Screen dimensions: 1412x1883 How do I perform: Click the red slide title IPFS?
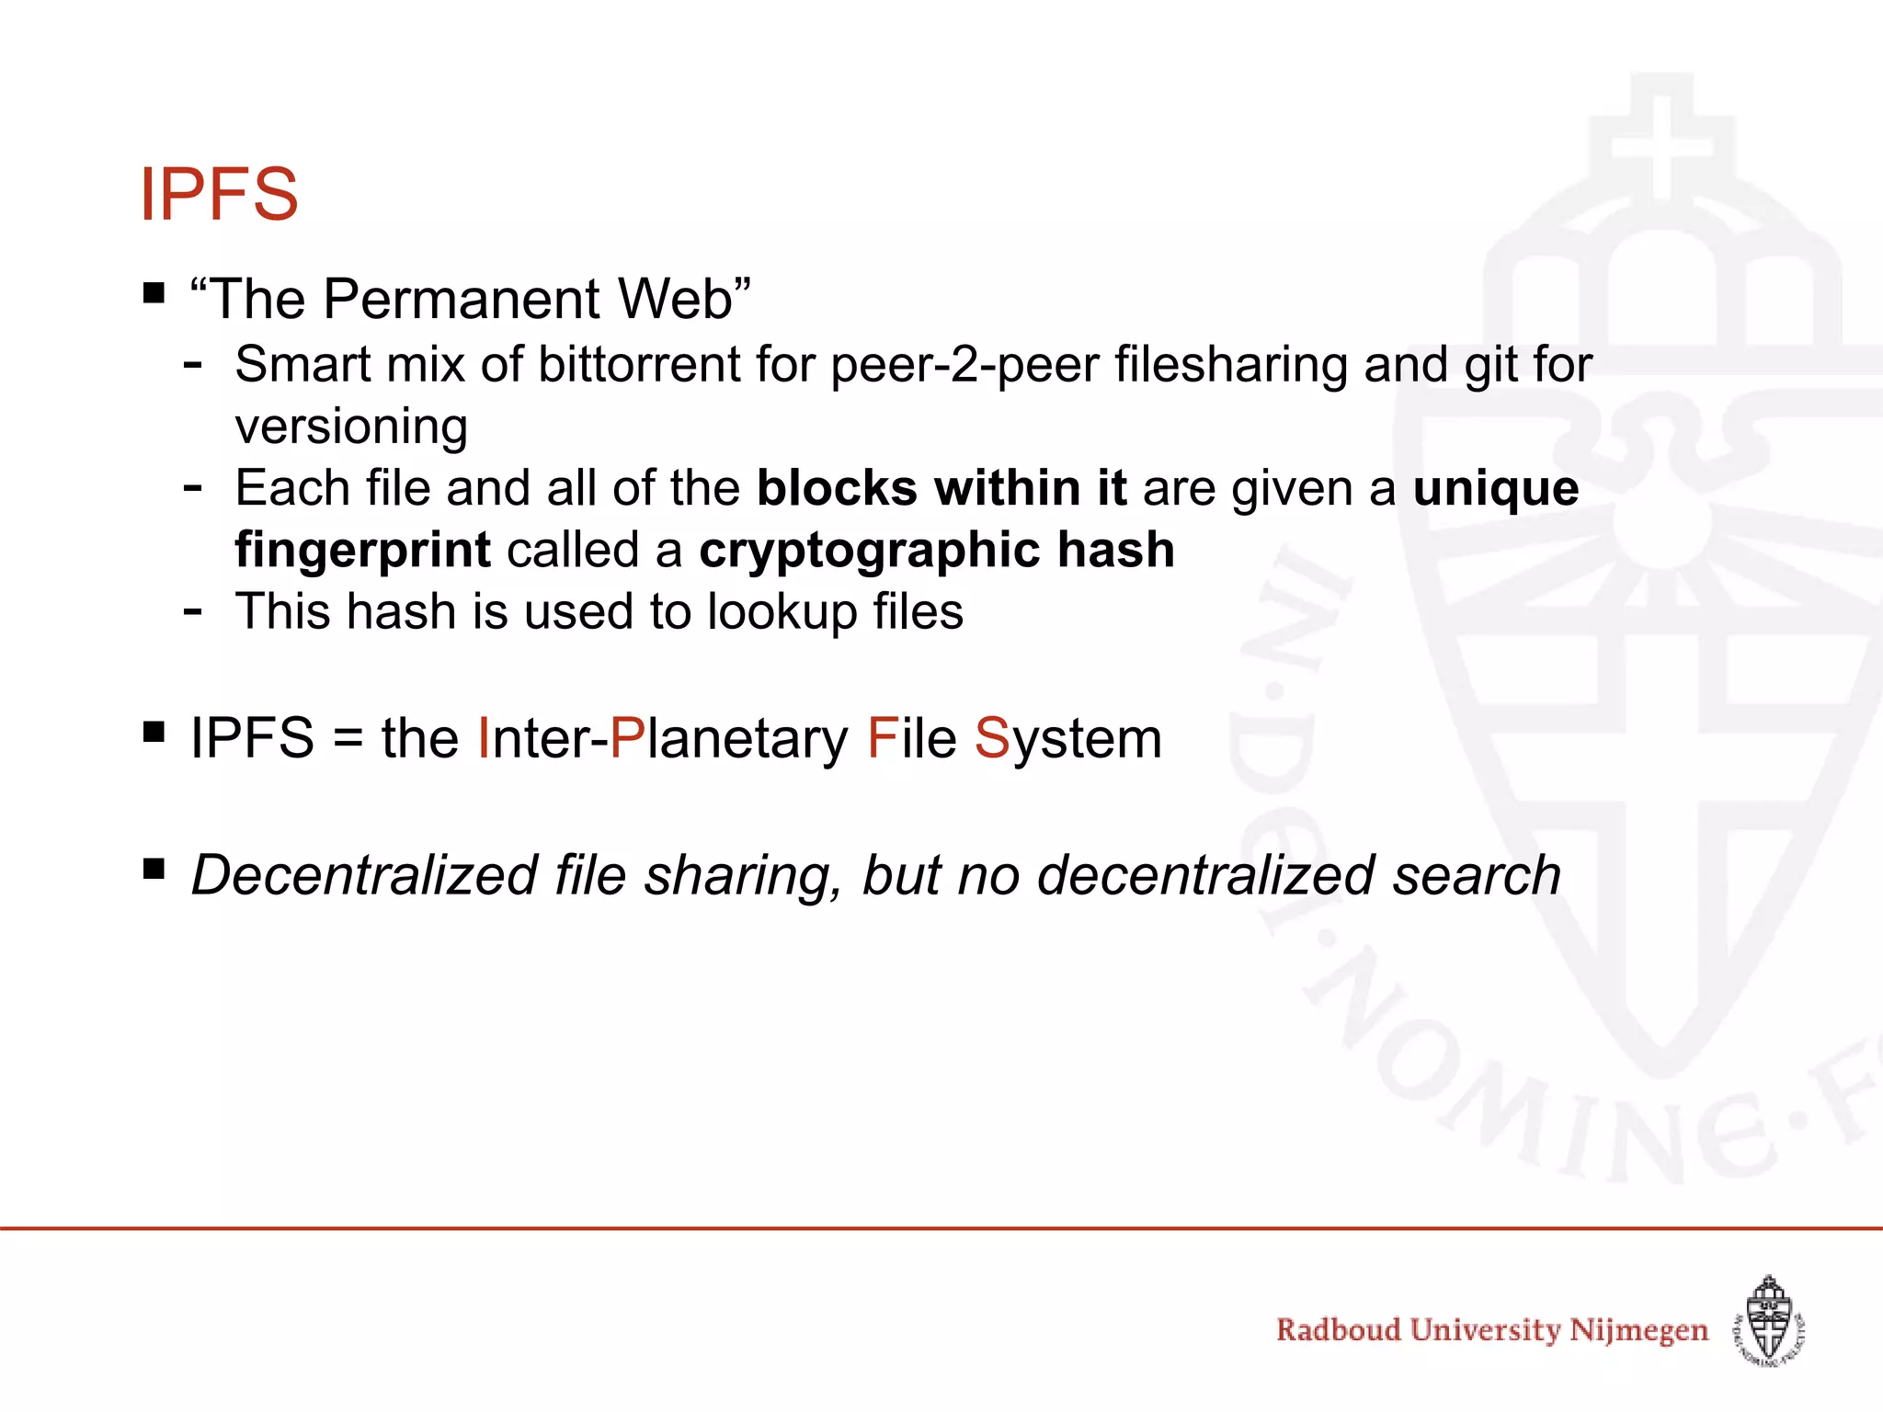(219, 194)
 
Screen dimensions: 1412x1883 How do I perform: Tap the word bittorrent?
(639, 364)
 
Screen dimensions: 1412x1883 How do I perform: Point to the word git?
(1489, 364)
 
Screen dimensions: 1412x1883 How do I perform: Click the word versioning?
(351, 427)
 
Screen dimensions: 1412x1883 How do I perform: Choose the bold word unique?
(1496, 488)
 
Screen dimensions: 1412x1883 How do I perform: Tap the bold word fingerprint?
(362, 551)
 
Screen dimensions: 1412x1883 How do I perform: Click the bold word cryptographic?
(870, 551)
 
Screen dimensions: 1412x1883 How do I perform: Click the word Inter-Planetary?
(662, 738)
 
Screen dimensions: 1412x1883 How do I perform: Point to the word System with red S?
(1068, 738)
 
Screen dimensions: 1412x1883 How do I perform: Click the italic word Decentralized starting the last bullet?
(364, 874)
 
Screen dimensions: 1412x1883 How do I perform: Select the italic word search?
(1477, 874)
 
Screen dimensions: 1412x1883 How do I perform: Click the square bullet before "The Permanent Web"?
(154, 294)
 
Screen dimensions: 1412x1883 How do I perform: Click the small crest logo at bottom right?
(1770, 1323)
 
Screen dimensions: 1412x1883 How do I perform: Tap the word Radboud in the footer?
(1338, 1330)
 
